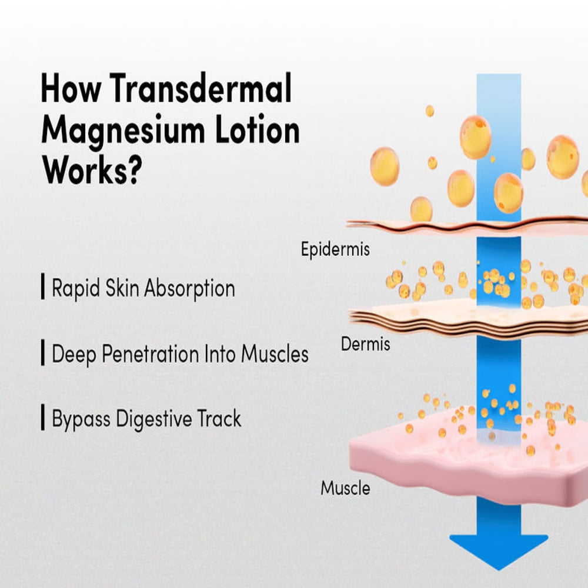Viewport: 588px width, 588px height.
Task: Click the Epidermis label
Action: click(335, 249)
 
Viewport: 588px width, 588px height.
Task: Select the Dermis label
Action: click(365, 343)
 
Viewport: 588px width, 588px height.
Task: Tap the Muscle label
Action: click(345, 488)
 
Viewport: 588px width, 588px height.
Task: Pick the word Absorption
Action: click(189, 289)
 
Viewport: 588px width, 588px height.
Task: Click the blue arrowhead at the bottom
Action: click(499, 550)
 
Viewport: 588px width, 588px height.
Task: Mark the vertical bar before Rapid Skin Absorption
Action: click(43, 289)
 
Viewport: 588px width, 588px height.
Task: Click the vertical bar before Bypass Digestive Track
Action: click(43, 419)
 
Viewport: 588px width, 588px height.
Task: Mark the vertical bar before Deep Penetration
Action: click(43, 353)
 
